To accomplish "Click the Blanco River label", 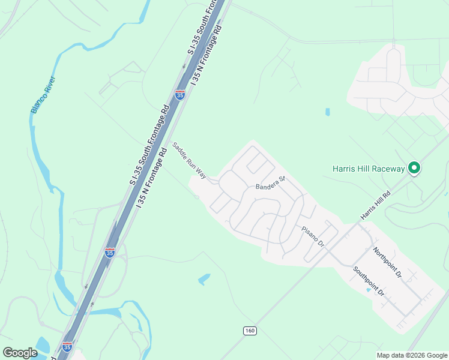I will coord(43,94).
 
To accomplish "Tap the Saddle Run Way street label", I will coord(189,161).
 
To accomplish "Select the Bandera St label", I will coord(269,182).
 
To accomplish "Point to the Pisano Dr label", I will coord(313,236).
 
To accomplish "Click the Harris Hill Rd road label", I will coord(375,205).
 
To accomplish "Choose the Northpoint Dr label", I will coord(386,262).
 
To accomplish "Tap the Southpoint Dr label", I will coord(368,281).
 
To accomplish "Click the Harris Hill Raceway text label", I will coord(369,169).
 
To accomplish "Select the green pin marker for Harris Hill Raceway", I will coord(414,168).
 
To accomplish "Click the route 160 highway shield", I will coord(250,331).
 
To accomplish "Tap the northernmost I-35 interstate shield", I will coord(179,95).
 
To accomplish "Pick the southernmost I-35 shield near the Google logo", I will coord(67,347).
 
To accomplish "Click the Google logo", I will coord(20,352).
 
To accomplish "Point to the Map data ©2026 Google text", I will coord(412,355).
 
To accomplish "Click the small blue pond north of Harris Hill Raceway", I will coord(327,112).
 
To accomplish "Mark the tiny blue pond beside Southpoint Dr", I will coord(368,290).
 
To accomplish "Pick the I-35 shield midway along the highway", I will coord(109,253).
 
